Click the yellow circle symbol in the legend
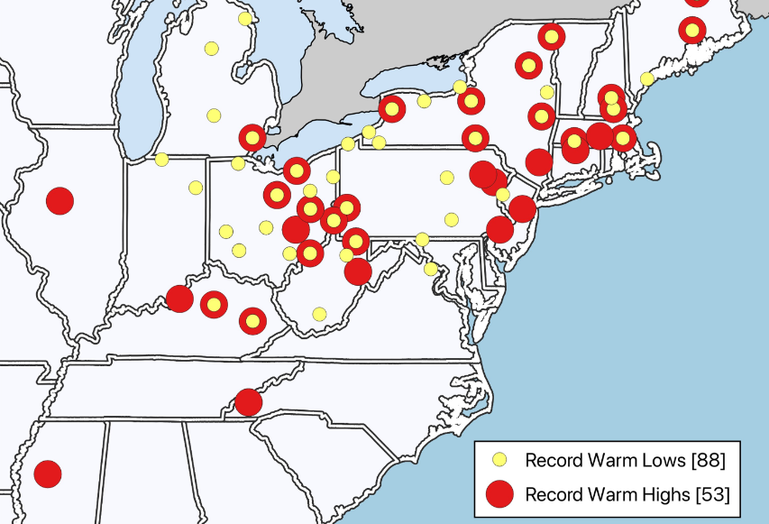[499, 461]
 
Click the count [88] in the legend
[707, 461]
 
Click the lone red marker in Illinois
[60, 201]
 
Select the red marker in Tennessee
[248, 402]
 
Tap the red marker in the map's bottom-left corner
[47, 473]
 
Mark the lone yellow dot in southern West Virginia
[319, 314]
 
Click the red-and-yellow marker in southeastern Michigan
[252, 138]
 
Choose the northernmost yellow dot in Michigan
[245, 19]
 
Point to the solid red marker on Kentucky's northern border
[179, 299]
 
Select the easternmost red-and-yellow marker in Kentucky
[252, 320]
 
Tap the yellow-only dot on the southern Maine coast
[646, 78]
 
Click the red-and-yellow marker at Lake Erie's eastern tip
[392, 109]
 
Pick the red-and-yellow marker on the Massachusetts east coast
[623, 138]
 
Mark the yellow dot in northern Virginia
[431, 269]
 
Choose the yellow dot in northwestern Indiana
[161, 160]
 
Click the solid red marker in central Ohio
[296, 229]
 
